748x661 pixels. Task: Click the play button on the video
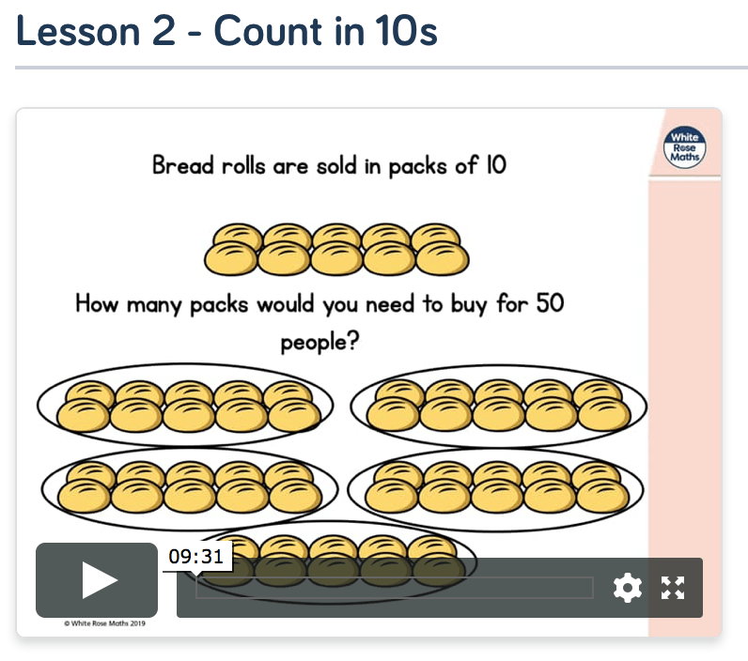pyautogui.click(x=97, y=580)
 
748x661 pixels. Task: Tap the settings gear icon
pyautogui.click(x=628, y=588)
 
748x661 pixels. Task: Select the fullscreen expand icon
pyautogui.click(x=673, y=588)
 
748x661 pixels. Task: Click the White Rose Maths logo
pyautogui.click(x=684, y=147)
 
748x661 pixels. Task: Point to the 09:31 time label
pyautogui.click(x=196, y=556)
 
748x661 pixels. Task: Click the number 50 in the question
pyautogui.click(x=550, y=303)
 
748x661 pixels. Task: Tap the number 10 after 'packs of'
pyautogui.click(x=496, y=165)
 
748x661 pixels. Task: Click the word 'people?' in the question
pyautogui.click(x=319, y=342)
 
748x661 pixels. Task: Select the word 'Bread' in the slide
pyautogui.click(x=182, y=165)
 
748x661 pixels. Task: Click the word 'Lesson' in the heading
pyautogui.click(x=78, y=31)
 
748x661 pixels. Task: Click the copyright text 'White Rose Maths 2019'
pyautogui.click(x=104, y=623)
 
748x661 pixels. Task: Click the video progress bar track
pyautogui.click(x=395, y=588)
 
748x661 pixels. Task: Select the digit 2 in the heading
pyautogui.click(x=164, y=31)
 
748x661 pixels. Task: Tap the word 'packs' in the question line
pyautogui.click(x=219, y=304)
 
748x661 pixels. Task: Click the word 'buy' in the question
pyautogui.click(x=469, y=304)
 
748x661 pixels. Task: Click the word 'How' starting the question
pyautogui.click(x=97, y=303)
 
